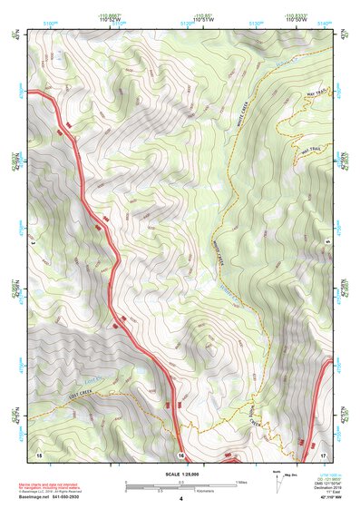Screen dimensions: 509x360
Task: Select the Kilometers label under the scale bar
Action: (x=192, y=492)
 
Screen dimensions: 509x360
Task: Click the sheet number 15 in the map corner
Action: (x=39, y=453)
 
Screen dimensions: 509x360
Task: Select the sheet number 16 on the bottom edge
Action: (x=181, y=455)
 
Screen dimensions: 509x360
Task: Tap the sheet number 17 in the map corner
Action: (x=323, y=453)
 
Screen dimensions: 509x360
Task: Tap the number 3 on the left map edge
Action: (x=33, y=242)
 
